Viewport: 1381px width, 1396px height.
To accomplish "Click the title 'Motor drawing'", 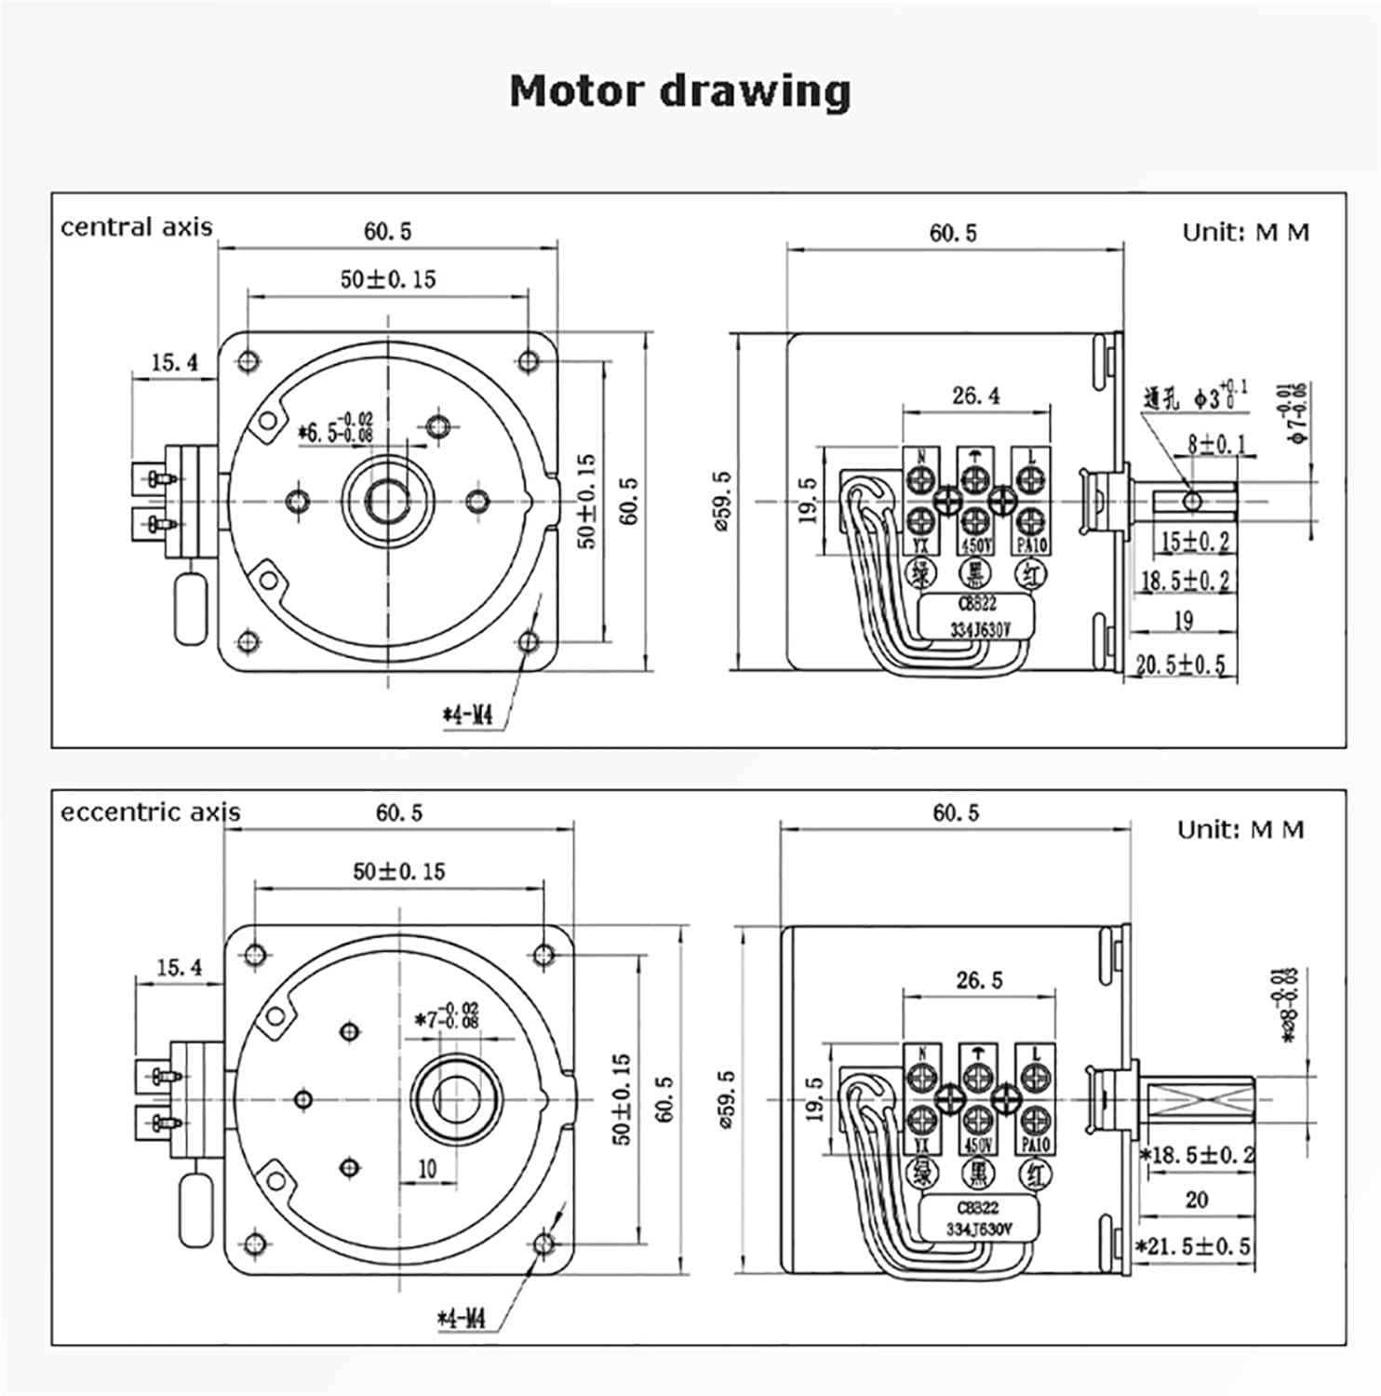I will [679, 91].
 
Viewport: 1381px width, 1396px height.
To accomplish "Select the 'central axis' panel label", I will [136, 227].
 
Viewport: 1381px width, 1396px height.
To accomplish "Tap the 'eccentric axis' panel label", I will [150, 812].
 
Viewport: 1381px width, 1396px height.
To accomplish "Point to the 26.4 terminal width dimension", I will [975, 396].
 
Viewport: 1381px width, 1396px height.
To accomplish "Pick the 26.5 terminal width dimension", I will [979, 980].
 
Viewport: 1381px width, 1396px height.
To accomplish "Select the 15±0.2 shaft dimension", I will [1195, 541].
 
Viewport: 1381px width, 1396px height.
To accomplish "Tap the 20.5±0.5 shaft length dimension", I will [1180, 664].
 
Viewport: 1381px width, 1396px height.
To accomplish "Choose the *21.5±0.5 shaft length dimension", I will [1193, 1246].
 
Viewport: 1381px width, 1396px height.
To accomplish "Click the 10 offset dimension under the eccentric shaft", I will [427, 1168].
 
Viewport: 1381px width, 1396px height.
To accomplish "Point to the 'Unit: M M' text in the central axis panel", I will [1245, 233].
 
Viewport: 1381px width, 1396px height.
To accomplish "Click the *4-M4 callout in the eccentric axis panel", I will [462, 1318].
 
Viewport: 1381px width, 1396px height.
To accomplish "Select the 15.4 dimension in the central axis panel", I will [175, 362].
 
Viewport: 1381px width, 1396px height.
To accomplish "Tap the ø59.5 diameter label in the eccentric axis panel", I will [727, 1099].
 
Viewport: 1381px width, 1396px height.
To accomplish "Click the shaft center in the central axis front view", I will [387, 502].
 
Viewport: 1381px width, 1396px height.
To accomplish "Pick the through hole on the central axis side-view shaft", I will [1192, 502].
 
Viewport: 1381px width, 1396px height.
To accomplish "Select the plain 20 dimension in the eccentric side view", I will [1197, 1200].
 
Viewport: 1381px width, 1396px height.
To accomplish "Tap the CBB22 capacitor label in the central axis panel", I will [976, 603].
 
